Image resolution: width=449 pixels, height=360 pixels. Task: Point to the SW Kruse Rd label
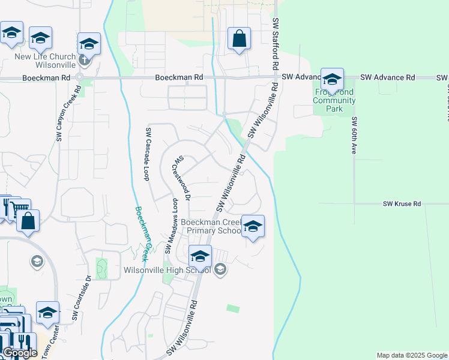click(x=402, y=204)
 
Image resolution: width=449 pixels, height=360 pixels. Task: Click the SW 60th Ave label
click(x=355, y=136)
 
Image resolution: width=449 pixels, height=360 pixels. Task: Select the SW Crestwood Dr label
click(x=182, y=178)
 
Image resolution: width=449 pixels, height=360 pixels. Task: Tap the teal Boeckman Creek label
click(x=142, y=234)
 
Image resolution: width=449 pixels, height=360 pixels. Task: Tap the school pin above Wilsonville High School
click(x=200, y=256)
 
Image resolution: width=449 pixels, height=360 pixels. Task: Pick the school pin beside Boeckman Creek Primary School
click(x=253, y=226)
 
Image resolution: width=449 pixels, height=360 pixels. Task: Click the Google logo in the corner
click(x=20, y=353)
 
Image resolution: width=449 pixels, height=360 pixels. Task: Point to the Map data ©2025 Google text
click(x=411, y=355)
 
